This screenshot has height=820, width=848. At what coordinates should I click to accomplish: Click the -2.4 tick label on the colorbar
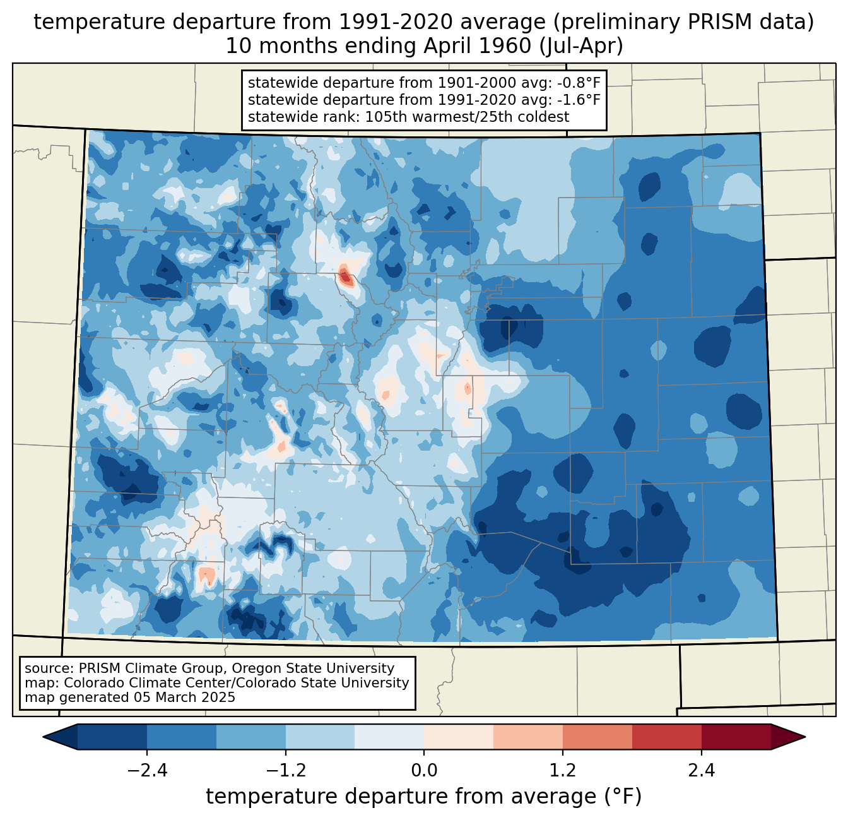147,770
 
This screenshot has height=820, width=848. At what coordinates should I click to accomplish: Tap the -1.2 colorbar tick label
286,770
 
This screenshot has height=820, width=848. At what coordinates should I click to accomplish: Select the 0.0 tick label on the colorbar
424,770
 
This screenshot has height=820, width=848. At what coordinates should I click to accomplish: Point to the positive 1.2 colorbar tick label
563,770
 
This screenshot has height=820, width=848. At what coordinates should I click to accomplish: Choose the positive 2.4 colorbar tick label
702,770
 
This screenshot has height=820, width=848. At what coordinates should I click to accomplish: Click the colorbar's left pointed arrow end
44,737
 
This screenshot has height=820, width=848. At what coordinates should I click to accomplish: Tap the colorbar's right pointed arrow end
804,737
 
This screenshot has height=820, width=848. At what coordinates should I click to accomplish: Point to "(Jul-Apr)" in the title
582,46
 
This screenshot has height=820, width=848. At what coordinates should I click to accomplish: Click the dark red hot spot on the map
346,276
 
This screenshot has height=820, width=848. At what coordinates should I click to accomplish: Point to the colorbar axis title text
424,796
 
